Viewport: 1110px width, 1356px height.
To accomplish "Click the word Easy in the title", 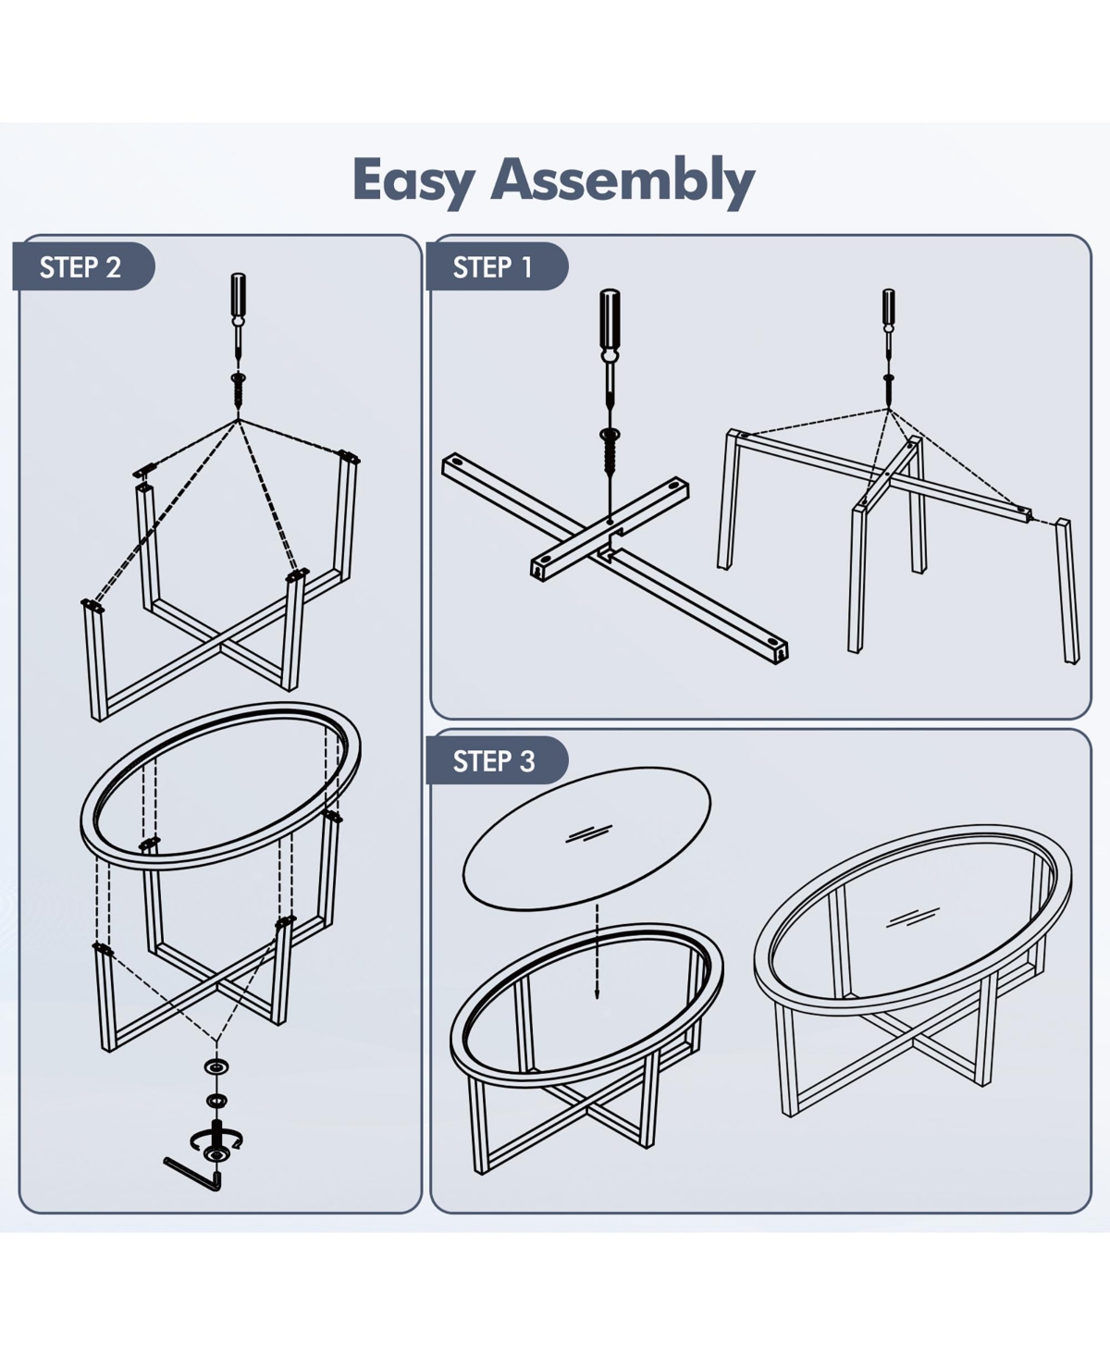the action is pos(413,181).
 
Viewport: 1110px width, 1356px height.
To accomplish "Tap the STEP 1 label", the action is pos(493,266).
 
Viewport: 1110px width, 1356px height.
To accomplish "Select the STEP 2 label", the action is pos(80,266).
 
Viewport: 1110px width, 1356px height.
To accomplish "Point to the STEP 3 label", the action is pos(494,760).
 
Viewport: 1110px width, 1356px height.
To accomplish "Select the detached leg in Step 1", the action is pos(1067,590).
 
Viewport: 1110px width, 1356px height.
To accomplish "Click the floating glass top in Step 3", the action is pos(586,838).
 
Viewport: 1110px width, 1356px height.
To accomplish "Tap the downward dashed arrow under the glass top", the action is pos(597,952).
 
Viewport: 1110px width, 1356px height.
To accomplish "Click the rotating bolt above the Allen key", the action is pos(216,1140).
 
